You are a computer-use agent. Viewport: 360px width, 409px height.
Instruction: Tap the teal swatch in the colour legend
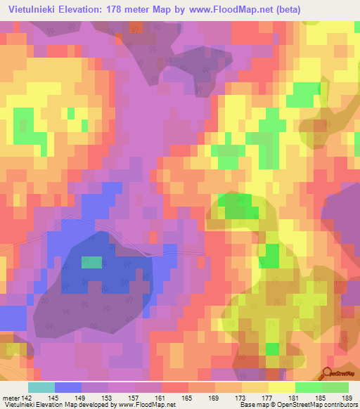(41, 387)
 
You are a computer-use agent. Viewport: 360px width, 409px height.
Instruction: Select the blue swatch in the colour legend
(68, 387)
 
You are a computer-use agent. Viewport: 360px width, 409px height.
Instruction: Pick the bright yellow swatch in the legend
(281, 387)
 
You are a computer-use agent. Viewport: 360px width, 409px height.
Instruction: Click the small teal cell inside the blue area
(91, 262)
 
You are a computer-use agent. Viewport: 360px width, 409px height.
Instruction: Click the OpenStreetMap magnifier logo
(328, 373)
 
